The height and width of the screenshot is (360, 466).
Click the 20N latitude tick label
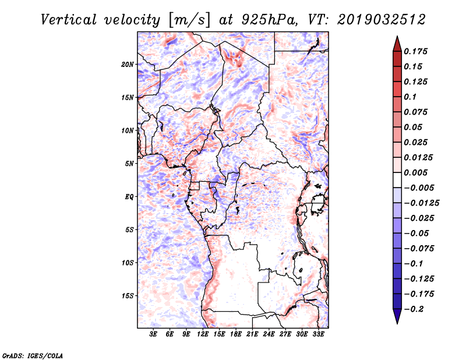pos(128,64)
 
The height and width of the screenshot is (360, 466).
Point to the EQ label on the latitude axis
pos(129,197)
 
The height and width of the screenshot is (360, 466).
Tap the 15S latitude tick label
pos(128,296)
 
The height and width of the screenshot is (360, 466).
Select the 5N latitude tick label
pos(129,164)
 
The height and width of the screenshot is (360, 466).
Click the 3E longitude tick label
pos(153,334)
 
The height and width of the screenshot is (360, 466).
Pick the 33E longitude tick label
pos(319,334)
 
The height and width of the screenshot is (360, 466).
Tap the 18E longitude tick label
pos(236,334)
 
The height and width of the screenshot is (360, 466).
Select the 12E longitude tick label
pos(203,334)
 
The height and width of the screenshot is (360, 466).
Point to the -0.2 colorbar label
pos(416,309)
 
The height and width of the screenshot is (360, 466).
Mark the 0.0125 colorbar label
pos(420,157)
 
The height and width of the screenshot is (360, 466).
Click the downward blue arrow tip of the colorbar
pos(397,321)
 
